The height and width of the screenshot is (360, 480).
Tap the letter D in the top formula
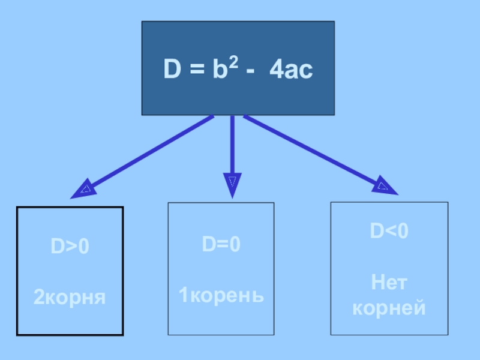point(172,71)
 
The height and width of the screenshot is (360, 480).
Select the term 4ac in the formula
point(291,71)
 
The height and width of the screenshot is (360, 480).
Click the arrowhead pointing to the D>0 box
point(83,189)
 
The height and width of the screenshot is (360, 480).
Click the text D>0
point(69,247)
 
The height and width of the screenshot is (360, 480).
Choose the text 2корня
point(69,296)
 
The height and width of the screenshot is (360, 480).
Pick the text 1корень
point(221,295)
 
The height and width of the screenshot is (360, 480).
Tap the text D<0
point(389,232)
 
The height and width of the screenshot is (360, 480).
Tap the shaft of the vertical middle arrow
point(232,144)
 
